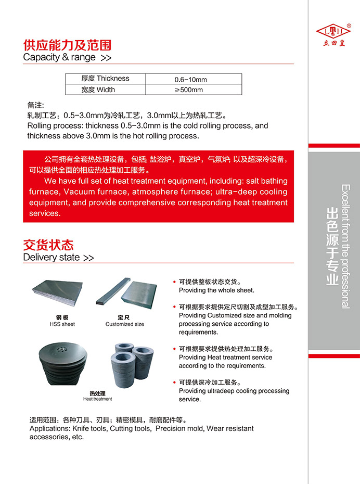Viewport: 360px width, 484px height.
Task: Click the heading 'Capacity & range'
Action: point(59,57)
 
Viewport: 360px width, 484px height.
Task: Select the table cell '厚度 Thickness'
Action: point(105,79)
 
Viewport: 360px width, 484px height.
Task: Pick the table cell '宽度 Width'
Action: point(98,90)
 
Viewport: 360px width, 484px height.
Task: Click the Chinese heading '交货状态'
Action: point(48,245)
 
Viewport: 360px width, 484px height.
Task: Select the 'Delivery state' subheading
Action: point(52,257)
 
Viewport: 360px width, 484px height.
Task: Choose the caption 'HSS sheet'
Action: point(62,324)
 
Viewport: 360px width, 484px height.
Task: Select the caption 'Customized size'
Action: point(125,324)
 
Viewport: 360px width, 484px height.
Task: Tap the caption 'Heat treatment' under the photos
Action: point(97,399)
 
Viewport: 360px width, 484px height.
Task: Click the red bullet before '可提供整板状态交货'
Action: point(174,282)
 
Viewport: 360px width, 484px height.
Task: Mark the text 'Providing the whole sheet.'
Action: point(216,290)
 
